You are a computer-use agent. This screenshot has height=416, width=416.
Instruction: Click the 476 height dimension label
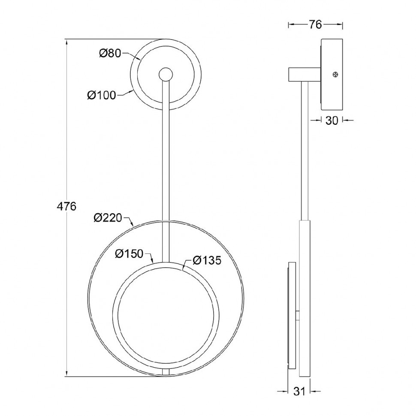coord(66,206)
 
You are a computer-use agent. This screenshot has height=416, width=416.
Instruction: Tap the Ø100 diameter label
coord(102,95)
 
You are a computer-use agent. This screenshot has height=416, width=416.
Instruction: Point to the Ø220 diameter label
coord(108,218)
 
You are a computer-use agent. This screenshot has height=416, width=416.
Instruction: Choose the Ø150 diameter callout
coord(129,254)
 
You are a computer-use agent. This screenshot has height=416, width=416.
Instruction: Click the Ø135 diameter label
coord(207,260)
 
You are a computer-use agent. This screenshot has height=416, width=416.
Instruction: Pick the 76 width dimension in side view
coord(315,25)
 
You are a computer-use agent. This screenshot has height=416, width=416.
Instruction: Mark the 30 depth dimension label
coord(332,121)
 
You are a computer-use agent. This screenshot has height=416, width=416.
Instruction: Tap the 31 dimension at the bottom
coord(299,392)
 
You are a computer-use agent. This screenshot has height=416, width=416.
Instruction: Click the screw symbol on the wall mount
coord(335,75)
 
